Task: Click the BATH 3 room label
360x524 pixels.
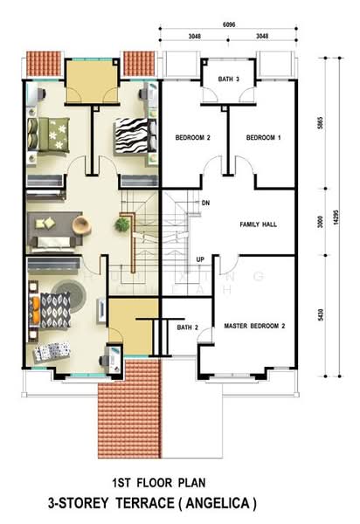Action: pyautogui.click(x=229, y=79)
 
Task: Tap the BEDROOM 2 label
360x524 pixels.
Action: pyautogui.click(x=193, y=138)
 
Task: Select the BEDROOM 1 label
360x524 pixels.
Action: pyautogui.click(x=263, y=138)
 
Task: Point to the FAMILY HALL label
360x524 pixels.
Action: pyautogui.click(x=258, y=224)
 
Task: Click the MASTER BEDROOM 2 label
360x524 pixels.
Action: pyautogui.click(x=254, y=326)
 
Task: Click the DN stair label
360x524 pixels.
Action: pyautogui.click(x=206, y=203)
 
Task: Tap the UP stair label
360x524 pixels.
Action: pyautogui.click(x=200, y=259)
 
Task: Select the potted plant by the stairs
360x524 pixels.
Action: pyautogui.click(x=121, y=225)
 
